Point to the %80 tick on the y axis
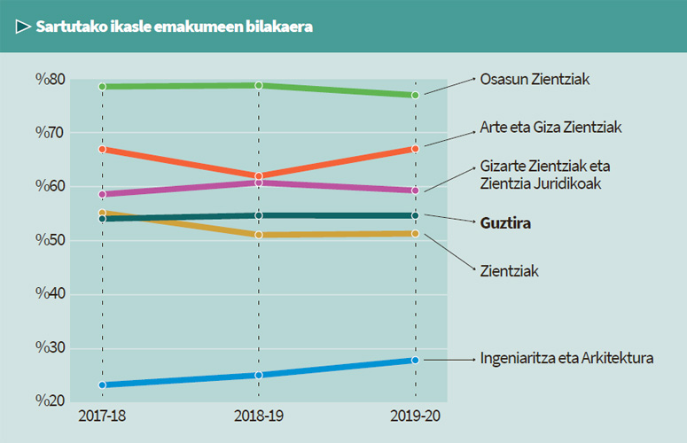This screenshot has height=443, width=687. click(x=50, y=80)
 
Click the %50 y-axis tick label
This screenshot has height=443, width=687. click(x=50, y=240)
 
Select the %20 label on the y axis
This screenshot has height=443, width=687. click(x=50, y=400)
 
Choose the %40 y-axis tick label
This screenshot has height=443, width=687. click(x=50, y=294)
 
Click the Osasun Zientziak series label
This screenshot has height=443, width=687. click(x=535, y=79)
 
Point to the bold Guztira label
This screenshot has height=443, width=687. click(x=505, y=223)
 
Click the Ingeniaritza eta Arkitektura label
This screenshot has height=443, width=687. click(x=566, y=359)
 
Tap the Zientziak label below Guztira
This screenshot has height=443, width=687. click(x=510, y=269)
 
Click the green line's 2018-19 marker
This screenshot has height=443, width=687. click(x=259, y=85)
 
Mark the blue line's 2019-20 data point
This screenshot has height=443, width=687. click(x=415, y=360)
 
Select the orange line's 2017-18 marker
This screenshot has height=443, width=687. click(x=103, y=149)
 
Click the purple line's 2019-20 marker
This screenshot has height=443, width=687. click(x=415, y=190)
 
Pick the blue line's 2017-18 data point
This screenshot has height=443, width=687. click(x=103, y=385)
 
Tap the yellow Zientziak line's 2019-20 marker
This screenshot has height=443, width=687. click(x=415, y=234)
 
